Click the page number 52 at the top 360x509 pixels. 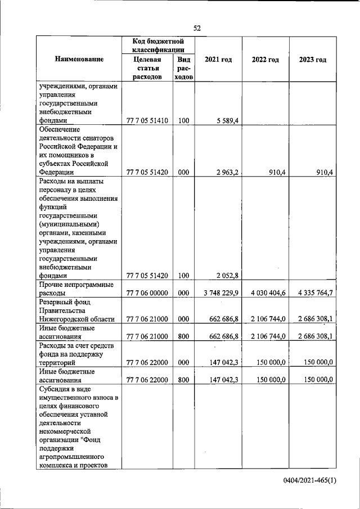pyautogui.click(x=197, y=28)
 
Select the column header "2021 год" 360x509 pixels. pyautogui.click(x=219, y=60)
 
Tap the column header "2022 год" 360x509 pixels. pyautogui.click(x=265, y=60)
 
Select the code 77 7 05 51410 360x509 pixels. pyautogui.click(x=148, y=120)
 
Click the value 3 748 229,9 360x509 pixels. pyautogui.click(x=221, y=292)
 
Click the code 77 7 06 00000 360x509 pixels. pyautogui.click(x=148, y=292)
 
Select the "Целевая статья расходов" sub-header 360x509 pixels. pyautogui.click(x=148, y=68)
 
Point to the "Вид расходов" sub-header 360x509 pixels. pyautogui.click(x=183, y=68)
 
